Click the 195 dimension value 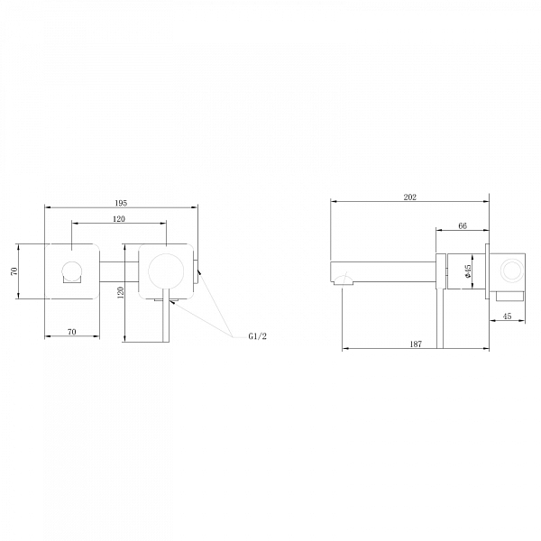pyautogui.click(x=122, y=204)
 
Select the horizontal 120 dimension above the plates pyautogui.click(x=119, y=219)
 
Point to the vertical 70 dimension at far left pyautogui.click(x=14, y=270)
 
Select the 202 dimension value pyautogui.click(x=410, y=197)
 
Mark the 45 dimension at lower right pyautogui.click(x=507, y=316)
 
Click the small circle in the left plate pyautogui.click(x=71, y=270)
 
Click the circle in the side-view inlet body pyautogui.click(x=511, y=270)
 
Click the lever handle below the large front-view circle pyautogui.click(x=163, y=320)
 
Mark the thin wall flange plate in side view pyautogui.click(x=488, y=270)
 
